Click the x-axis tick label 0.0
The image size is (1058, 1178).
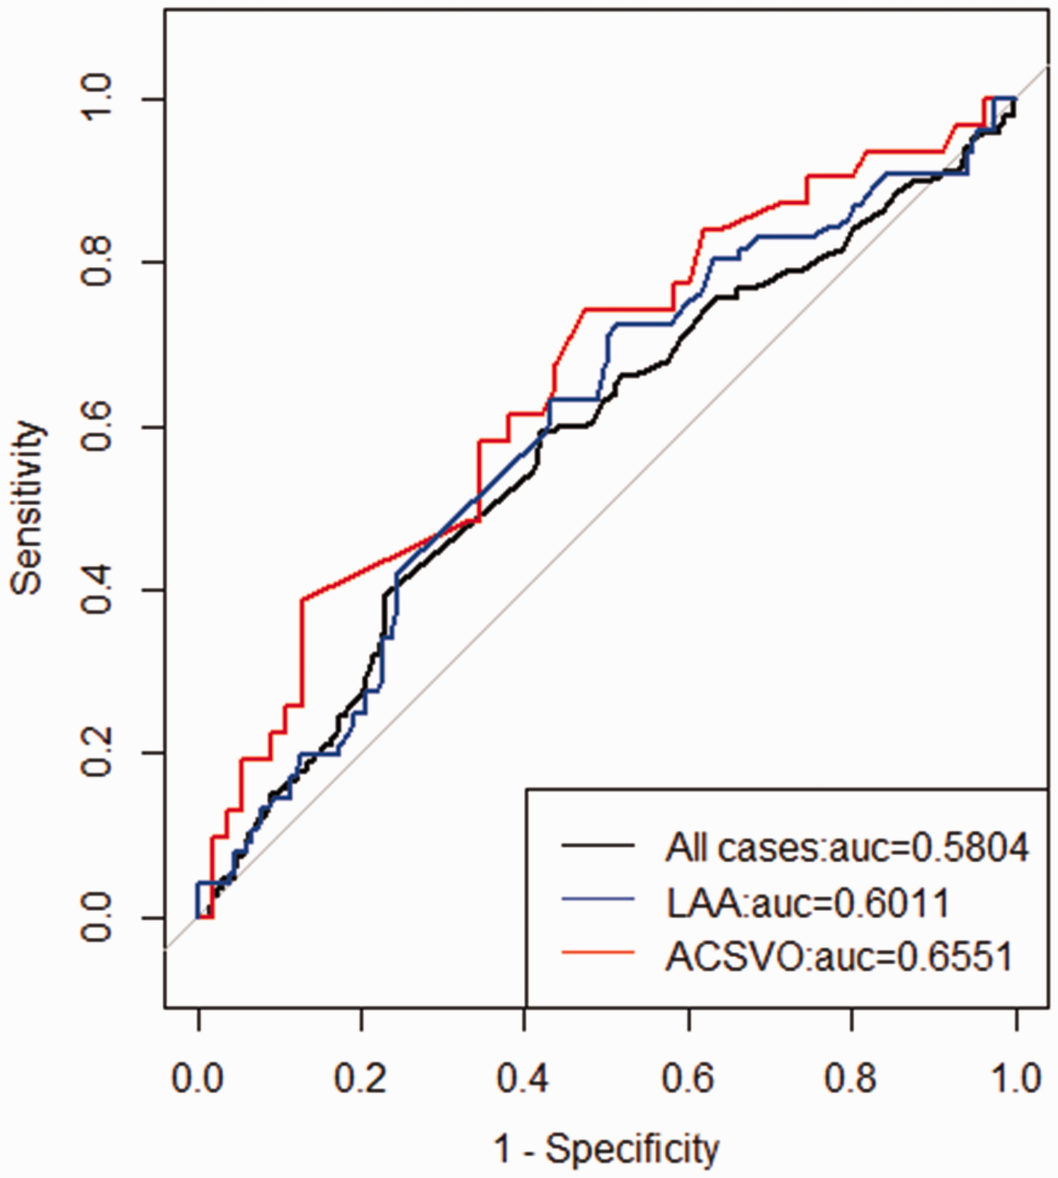click(x=198, y=1078)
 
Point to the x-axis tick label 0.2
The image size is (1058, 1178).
click(x=361, y=1078)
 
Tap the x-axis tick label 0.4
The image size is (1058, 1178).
click(x=523, y=1078)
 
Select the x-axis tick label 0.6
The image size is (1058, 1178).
click(x=688, y=1078)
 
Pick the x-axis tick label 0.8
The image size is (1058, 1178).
click(x=851, y=1078)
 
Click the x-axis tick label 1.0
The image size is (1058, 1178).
click(x=1015, y=1078)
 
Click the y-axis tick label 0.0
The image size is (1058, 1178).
click(x=96, y=917)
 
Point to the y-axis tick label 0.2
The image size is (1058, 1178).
click(x=96, y=752)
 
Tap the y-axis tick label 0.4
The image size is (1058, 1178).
click(x=96, y=589)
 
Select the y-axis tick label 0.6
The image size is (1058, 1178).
click(x=96, y=426)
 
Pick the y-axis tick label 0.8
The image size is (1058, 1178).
click(x=96, y=262)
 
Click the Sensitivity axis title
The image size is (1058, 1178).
click(x=28, y=508)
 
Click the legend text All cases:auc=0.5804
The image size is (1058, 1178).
click(x=847, y=847)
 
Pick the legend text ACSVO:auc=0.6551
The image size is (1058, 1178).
click(x=839, y=956)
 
